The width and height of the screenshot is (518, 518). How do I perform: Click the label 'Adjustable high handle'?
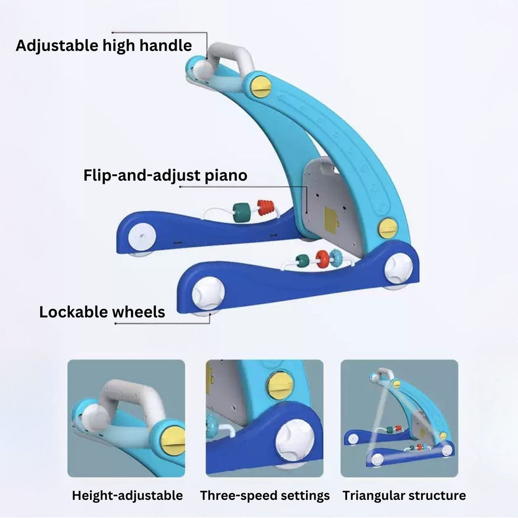(x=104, y=46)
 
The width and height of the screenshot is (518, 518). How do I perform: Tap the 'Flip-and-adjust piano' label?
(x=165, y=175)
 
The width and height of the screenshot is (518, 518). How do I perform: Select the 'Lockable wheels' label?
(x=102, y=312)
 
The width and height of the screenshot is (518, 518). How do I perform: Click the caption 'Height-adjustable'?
(x=127, y=495)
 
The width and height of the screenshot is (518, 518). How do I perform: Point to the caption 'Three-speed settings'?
(x=265, y=495)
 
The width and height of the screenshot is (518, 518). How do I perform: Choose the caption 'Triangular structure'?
(x=404, y=495)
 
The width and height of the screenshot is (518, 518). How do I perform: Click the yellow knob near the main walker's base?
(x=388, y=228)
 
